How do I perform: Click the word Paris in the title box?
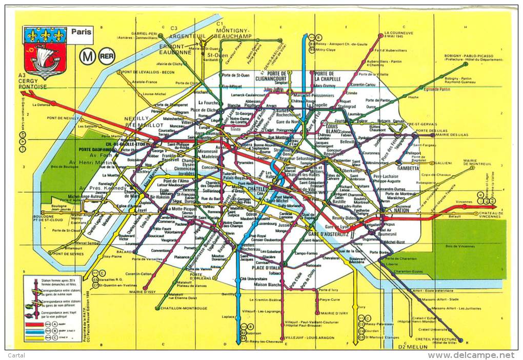click(x=81, y=32)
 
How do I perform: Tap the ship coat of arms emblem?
click(x=45, y=53)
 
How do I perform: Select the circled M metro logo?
click(x=87, y=56)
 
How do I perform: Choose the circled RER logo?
click(x=107, y=56)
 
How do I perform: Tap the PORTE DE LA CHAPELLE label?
click(x=324, y=76)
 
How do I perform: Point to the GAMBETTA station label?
click(x=408, y=168)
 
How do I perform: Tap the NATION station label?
click(x=402, y=210)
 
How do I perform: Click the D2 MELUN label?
click(x=414, y=347)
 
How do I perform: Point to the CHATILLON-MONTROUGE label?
click(x=184, y=308)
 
